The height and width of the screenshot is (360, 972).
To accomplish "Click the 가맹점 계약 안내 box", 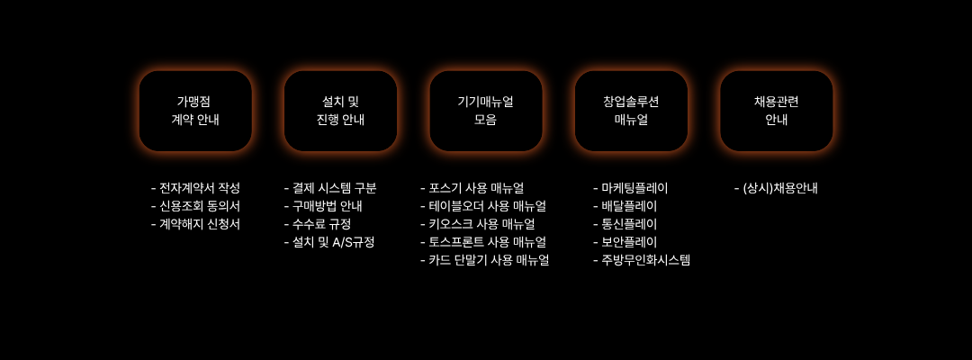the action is (195, 111).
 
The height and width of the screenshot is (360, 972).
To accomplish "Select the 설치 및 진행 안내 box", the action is (340, 111).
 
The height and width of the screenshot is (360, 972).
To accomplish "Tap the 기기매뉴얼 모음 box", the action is (486, 111).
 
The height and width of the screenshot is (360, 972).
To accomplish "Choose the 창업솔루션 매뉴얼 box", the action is (631, 111).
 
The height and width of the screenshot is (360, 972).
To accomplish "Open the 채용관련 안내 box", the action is (776, 111).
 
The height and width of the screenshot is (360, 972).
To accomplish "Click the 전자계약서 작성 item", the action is (199, 188).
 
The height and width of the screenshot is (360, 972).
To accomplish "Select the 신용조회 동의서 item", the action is (199, 206).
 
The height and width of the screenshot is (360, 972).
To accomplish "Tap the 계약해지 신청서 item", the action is (199, 224).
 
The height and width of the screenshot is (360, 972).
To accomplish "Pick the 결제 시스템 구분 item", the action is (334, 188).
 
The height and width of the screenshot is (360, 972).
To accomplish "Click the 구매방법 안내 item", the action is (327, 206).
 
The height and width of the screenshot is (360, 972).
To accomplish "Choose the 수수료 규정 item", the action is (321, 224).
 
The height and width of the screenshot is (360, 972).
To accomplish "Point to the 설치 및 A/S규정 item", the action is (333, 242).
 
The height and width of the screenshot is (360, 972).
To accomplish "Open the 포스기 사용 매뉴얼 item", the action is (476, 188).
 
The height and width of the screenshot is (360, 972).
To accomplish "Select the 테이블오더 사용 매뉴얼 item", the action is (487, 206).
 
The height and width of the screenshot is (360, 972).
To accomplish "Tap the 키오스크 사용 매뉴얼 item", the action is (481, 224).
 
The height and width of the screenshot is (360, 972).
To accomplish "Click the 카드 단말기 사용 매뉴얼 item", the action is (489, 260).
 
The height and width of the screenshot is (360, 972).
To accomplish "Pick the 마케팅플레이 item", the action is (634, 188).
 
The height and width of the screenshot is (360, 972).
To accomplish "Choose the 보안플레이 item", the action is (629, 242).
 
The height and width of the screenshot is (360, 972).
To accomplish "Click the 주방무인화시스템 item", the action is (645, 260).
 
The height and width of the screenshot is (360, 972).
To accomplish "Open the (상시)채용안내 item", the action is (780, 188).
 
